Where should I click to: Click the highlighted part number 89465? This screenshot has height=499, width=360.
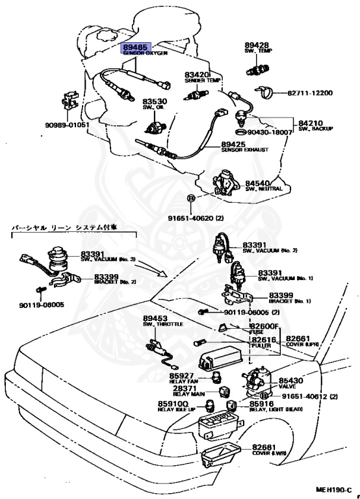tap(136, 47)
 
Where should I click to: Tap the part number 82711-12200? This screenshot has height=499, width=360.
tap(314, 93)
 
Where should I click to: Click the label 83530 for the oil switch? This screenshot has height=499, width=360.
tap(155, 101)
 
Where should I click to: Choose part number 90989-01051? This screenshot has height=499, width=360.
tap(67, 124)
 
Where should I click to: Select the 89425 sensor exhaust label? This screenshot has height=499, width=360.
tap(233, 144)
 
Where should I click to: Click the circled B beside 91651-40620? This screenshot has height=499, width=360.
tap(191, 198)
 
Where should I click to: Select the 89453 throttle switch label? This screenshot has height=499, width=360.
tap(155, 317)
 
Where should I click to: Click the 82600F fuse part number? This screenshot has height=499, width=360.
tap(264, 326)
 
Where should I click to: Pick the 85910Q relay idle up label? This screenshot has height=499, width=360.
tap(170, 404)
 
